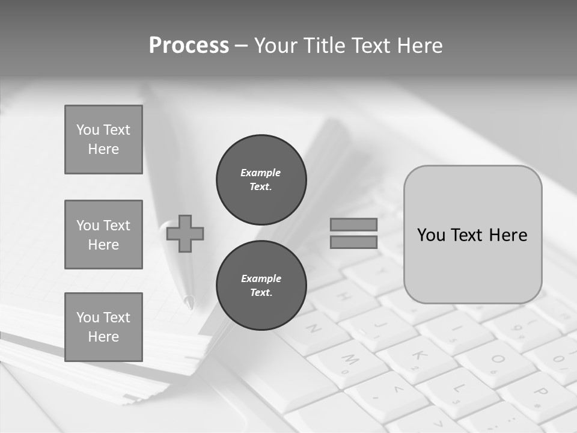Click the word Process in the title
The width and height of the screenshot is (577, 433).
(x=189, y=46)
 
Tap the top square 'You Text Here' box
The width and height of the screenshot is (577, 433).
(x=103, y=140)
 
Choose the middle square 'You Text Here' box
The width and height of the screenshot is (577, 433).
(x=103, y=235)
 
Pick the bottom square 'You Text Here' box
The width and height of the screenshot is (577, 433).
(x=103, y=327)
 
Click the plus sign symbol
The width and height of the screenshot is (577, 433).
(x=185, y=233)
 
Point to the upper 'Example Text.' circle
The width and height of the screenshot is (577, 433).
(x=261, y=179)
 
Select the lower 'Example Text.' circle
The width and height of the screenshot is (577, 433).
(x=261, y=285)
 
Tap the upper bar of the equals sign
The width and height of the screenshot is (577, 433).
(x=353, y=224)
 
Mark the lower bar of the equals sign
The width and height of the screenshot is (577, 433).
(x=353, y=242)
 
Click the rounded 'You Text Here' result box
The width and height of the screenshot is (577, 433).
(x=472, y=235)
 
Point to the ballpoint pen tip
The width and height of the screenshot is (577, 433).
(x=190, y=302)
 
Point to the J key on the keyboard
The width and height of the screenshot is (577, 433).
(x=379, y=328)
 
